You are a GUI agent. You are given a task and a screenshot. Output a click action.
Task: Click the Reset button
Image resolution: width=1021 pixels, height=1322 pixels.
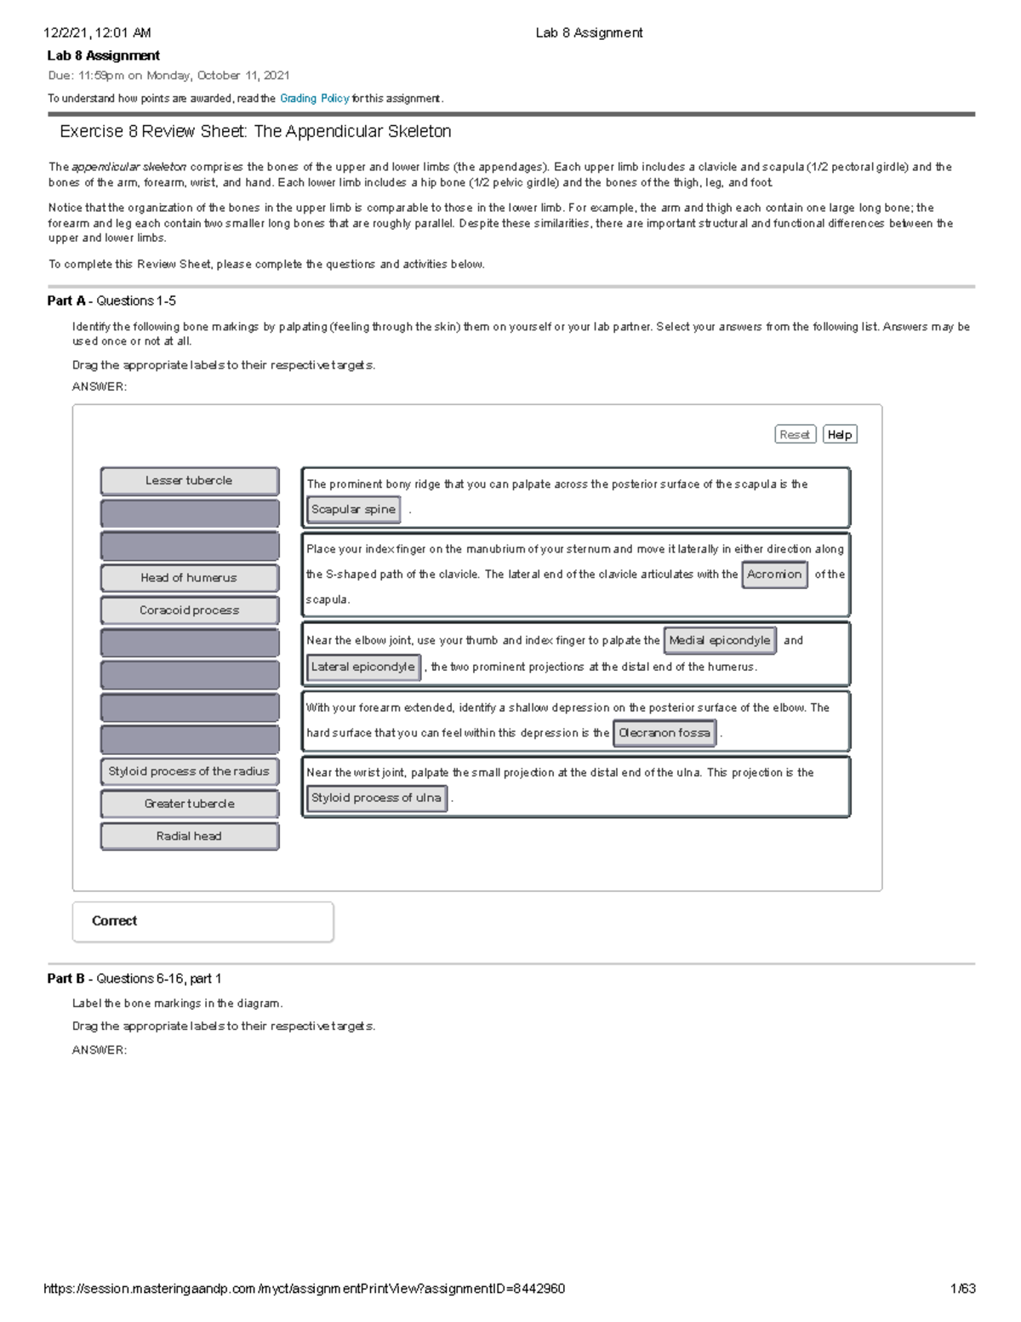coord(795,435)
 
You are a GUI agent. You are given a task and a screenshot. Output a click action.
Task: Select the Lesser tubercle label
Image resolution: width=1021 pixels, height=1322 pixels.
coord(189,481)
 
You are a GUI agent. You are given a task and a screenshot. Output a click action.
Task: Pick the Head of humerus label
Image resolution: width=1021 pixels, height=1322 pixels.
coord(189,578)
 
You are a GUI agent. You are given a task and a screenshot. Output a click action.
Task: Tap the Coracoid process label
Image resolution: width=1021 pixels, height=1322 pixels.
coord(189,610)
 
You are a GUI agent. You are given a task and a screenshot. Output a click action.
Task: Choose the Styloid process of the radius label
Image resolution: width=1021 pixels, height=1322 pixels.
coord(189,771)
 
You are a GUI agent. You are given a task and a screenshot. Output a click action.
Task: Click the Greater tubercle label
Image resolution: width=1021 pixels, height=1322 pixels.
coord(189,804)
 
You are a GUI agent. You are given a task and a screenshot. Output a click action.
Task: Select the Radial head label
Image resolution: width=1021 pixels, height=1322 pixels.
coord(189,836)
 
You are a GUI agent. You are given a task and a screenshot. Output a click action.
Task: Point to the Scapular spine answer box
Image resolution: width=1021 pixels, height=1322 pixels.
coord(353,510)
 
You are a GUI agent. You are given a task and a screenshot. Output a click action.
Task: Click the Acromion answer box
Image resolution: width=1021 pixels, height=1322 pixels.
coord(774,575)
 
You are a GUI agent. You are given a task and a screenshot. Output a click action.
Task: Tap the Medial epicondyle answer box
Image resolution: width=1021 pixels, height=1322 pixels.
coord(720,640)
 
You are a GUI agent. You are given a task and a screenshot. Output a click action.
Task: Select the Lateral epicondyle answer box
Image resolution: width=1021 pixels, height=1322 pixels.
coord(363,667)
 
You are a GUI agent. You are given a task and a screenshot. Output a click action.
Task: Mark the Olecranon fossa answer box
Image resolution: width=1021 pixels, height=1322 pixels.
coord(665,733)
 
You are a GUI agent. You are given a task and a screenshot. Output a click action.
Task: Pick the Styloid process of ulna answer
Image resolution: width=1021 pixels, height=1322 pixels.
coord(376,798)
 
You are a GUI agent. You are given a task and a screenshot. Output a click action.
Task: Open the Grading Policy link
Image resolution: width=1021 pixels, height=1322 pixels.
coord(314,99)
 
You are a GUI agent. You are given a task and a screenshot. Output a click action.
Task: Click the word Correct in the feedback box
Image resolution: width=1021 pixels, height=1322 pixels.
coord(114,921)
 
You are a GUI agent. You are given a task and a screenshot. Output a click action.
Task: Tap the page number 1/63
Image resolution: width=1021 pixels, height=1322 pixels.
coord(962,1289)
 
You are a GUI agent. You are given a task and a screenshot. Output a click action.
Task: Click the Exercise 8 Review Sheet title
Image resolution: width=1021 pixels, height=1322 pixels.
coord(255,132)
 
